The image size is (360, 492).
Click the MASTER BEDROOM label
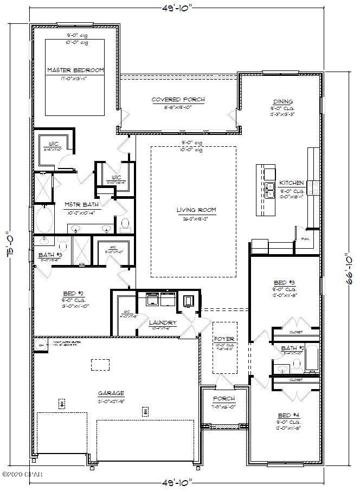click(x=75, y=70)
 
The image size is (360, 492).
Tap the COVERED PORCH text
click(x=178, y=99)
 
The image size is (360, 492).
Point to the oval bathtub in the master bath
click(x=44, y=221)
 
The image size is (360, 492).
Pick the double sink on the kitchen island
click(x=270, y=189)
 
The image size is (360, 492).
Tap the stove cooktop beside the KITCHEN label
click(x=314, y=187)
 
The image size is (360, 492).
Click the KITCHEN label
click(x=292, y=183)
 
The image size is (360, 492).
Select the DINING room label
click(x=283, y=101)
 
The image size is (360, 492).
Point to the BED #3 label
click(x=284, y=282)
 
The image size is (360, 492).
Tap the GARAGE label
click(x=111, y=393)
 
